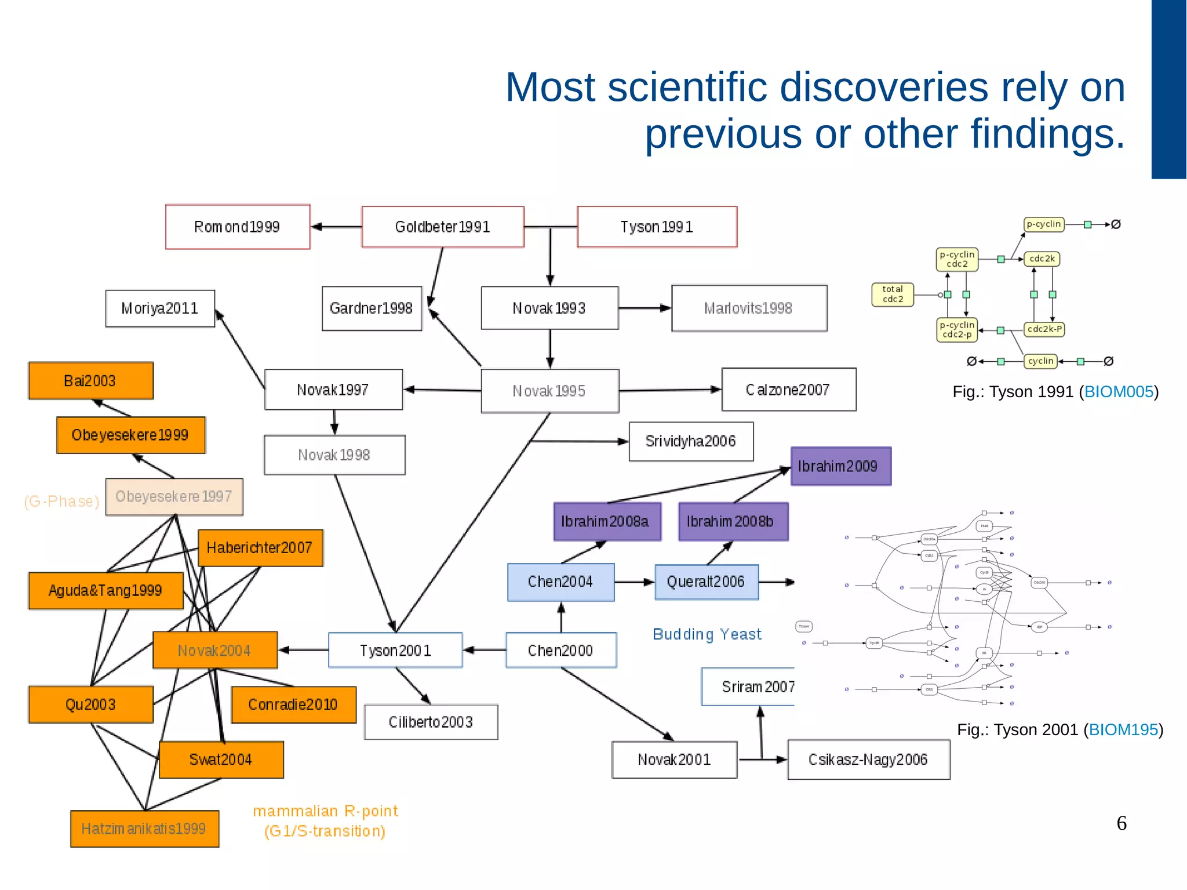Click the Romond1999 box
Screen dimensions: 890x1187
238,227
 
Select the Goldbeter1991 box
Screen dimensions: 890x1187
443,227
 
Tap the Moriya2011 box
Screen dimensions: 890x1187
160,308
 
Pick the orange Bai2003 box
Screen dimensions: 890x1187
91,381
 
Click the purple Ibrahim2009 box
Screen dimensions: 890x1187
840,466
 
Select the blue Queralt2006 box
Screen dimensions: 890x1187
706,582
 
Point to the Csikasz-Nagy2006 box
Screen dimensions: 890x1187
868,760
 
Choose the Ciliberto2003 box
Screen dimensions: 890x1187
431,722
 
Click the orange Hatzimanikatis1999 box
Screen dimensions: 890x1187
144,829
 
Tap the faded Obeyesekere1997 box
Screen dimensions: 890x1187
174,497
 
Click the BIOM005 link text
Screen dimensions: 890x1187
1119,392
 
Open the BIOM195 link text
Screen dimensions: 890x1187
1123,729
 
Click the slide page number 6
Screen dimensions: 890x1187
1122,823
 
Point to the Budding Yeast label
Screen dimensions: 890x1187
707,634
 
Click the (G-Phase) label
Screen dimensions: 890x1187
61,502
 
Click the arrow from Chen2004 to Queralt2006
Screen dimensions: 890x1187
634,582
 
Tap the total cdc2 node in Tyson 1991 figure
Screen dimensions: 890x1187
893,295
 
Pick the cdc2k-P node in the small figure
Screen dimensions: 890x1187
1044,329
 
